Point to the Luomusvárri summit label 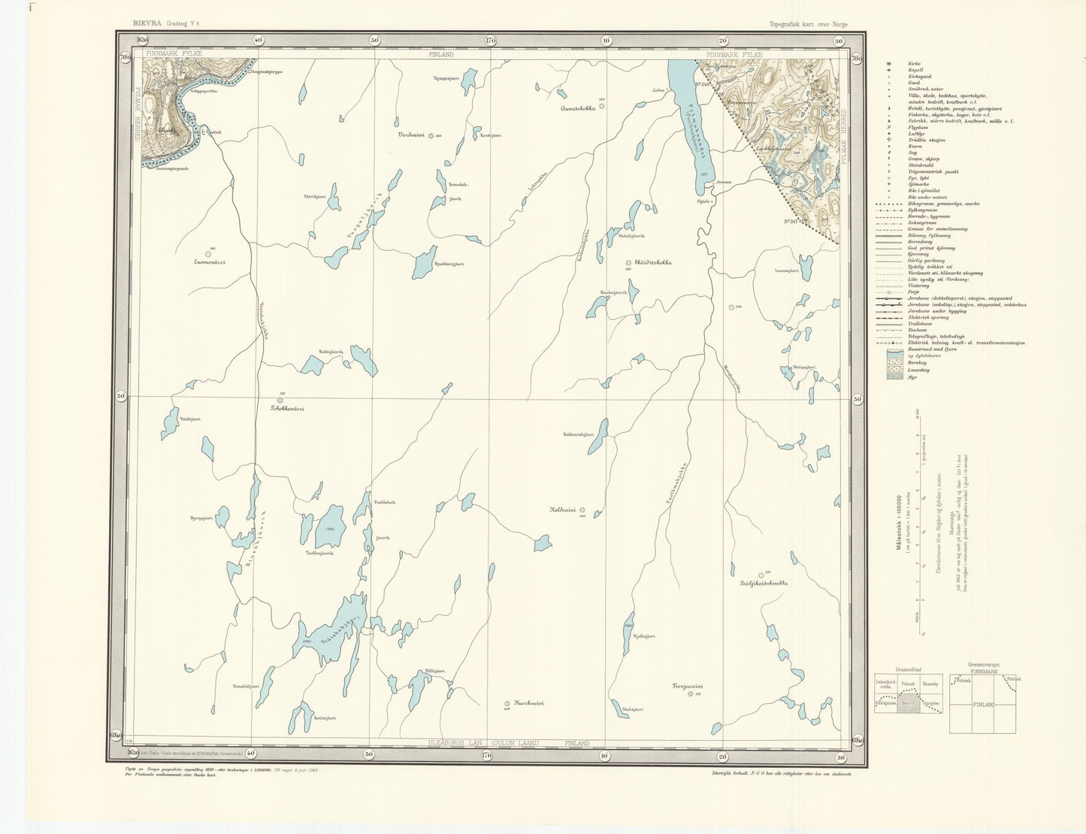pyautogui.click(x=209, y=262)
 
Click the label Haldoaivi pyautogui.click(x=563, y=509)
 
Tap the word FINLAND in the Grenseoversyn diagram pyautogui.click(x=983, y=705)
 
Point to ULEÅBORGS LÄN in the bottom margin pyautogui.click(x=454, y=743)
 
